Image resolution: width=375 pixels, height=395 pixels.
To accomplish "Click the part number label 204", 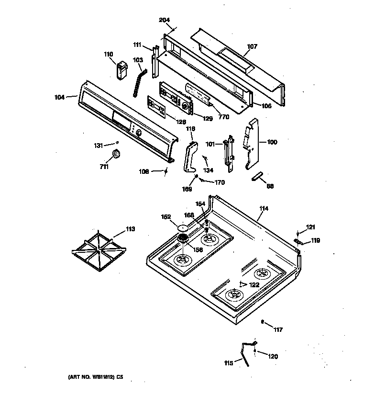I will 164,20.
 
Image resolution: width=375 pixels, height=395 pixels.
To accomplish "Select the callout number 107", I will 252,46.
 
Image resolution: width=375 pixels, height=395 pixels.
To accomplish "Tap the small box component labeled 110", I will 121,69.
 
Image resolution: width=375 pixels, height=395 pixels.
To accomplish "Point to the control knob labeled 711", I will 116,154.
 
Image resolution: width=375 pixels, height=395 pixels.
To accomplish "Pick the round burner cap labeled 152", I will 183,227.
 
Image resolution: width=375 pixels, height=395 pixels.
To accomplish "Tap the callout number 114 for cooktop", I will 264,208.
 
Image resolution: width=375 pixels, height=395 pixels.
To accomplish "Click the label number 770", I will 223,116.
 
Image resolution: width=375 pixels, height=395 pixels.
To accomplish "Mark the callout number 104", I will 59,97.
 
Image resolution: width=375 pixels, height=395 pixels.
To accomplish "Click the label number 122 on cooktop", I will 254,285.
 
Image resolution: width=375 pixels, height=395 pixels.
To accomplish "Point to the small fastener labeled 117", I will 264,322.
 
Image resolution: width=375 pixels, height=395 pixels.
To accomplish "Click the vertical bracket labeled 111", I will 154,62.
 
